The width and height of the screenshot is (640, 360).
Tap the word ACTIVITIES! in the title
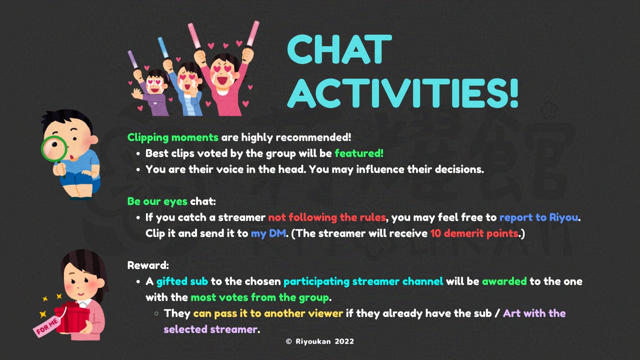[403, 94]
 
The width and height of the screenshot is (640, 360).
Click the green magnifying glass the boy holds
[54, 149]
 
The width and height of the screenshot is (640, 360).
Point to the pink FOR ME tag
[46, 326]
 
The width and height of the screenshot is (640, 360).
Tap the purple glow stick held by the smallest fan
[133, 60]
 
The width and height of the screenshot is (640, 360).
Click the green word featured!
[359, 153]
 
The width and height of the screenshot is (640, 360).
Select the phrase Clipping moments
[173, 138]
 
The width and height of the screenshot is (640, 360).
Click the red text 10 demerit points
[474, 233]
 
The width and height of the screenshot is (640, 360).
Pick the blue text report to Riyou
[539, 217]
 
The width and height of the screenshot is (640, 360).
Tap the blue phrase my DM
[268, 233]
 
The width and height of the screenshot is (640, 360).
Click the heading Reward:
[148, 265]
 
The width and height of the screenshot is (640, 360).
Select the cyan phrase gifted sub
[182, 282]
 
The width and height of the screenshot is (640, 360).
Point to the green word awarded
[504, 281]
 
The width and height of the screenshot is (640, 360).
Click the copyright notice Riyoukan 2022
[320, 341]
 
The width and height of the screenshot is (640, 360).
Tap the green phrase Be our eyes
[157, 202]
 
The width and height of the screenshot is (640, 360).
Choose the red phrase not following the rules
[327, 217]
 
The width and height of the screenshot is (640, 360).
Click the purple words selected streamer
[211, 329]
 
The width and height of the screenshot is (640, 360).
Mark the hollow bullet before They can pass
[156, 313]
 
